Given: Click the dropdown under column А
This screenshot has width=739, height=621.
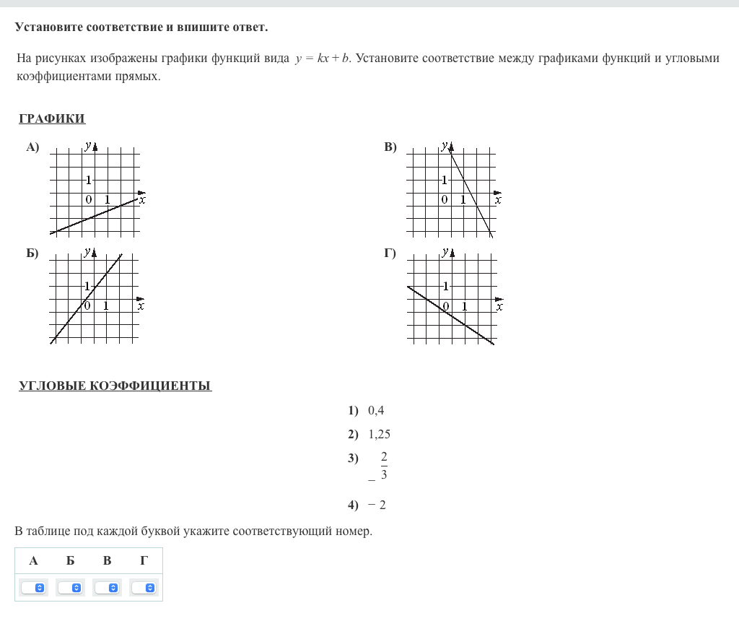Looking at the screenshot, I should (x=33, y=588).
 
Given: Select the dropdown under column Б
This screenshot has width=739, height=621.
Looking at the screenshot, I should (x=70, y=588).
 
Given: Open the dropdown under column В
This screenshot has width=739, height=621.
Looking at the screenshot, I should (x=107, y=588).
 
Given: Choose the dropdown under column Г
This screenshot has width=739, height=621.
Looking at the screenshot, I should (x=144, y=588).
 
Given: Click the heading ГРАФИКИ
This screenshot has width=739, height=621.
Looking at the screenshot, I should (x=52, y=119).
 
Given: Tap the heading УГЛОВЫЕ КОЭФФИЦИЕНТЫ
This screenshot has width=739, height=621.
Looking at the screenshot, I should (x=115, y=386).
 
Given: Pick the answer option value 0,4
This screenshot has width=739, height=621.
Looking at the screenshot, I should (x=376, y=411).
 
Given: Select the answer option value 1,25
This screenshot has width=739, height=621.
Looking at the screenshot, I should (x=379, y=435).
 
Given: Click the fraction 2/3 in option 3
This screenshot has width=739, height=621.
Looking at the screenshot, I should (x=383, y=466).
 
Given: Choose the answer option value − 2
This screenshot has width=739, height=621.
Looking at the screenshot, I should (x=377, y=505).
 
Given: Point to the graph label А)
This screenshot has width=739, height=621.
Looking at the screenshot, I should (x=32, y=147).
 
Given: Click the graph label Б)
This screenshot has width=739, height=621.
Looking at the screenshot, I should (x=32, y=253).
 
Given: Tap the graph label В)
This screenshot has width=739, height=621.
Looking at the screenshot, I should (x=390, y=147).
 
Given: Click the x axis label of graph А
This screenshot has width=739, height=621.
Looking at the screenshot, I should (x=142, y=200).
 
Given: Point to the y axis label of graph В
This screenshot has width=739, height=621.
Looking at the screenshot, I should (x=445, y=146).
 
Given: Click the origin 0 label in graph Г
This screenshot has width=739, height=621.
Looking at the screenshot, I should (x=446, y=306).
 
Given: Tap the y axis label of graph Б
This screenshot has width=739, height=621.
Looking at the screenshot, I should (x=87, y=251).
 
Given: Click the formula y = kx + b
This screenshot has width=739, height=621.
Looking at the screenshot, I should (x=322, y=58).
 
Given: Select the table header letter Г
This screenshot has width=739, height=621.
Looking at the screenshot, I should (x=144, y=560).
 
